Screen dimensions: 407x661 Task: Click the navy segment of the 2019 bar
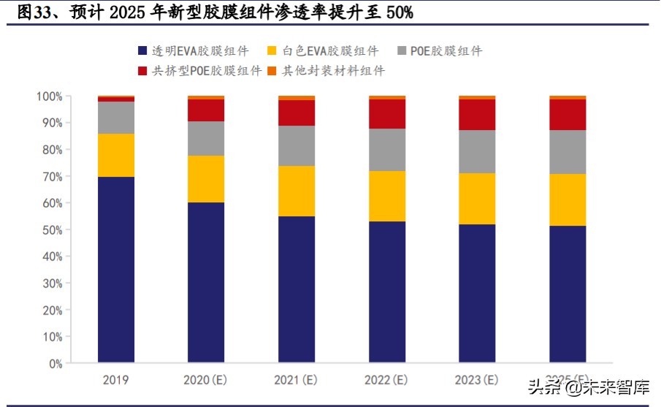(116, 269)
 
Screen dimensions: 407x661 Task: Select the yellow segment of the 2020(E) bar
(206, 178)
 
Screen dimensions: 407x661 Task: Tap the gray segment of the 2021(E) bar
(297, 145)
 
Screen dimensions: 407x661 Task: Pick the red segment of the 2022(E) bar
(387, 113)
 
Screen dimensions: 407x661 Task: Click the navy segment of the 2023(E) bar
(477, 292)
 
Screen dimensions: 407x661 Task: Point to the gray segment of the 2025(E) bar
(568, 151)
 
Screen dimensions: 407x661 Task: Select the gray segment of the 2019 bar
(116, 117)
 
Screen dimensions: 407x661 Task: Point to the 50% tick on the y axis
(51, 229)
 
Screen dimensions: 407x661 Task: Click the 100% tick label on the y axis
(49, 96)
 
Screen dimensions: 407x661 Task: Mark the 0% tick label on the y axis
(55, 363)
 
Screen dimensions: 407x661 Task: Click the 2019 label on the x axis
(116, 380)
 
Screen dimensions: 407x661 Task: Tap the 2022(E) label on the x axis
(387, 380)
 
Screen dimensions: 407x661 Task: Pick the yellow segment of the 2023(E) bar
(477, 198)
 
